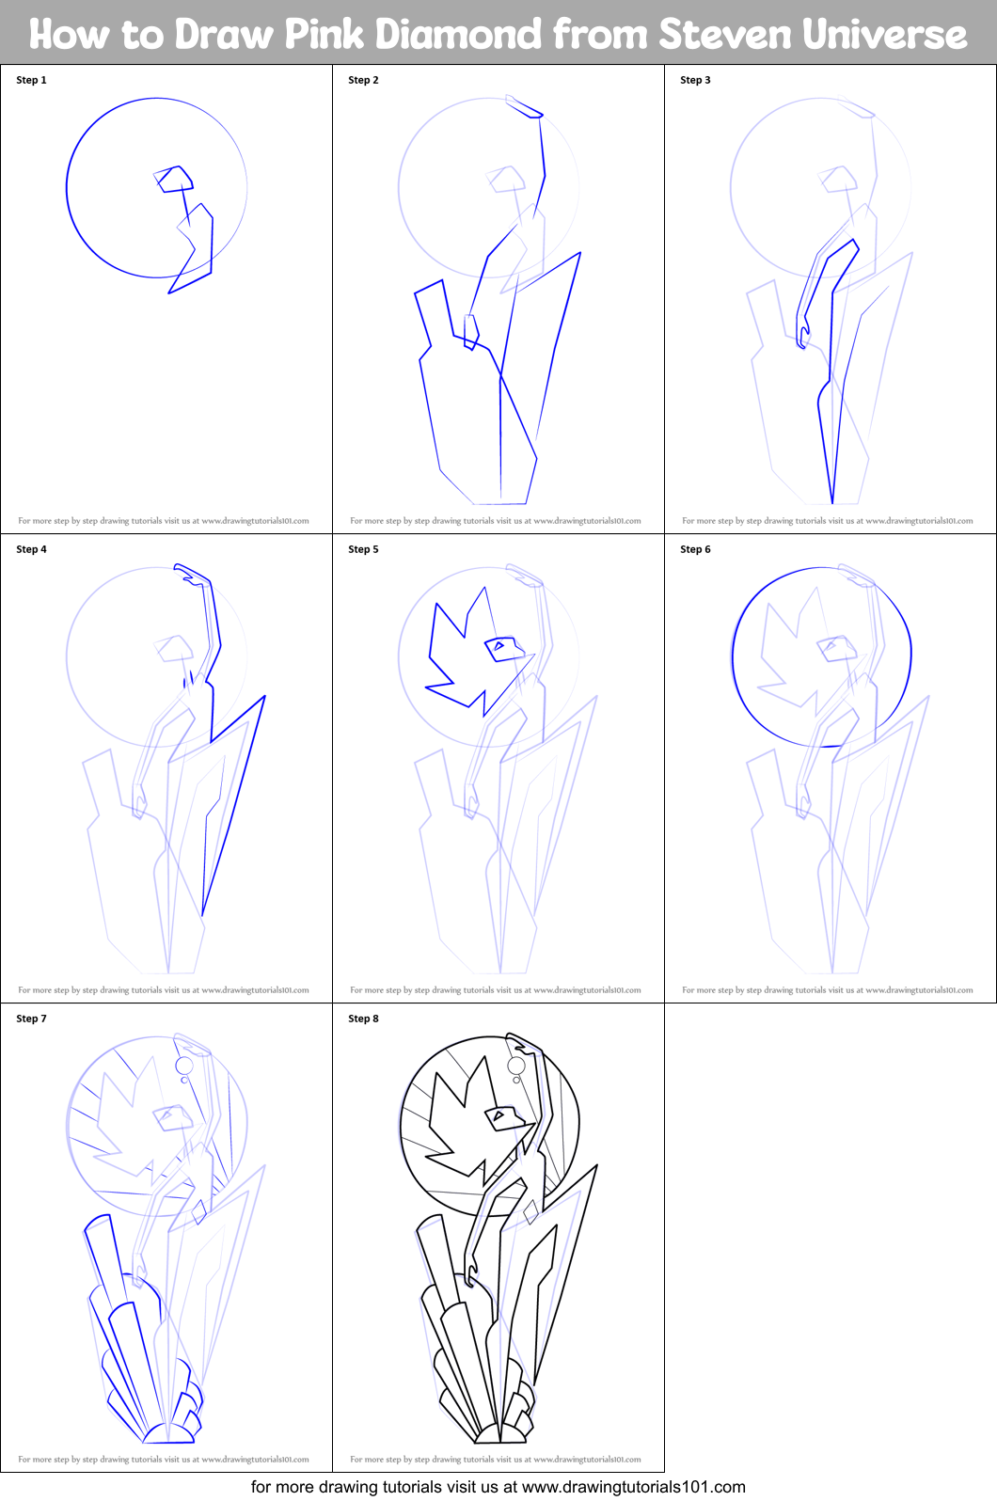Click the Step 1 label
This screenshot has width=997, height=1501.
tap(31, 80)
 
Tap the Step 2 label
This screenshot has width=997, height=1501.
tap(363, 80)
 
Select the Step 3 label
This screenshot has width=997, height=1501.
tap(695, 80)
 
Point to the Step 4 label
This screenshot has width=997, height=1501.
tap(31, 549)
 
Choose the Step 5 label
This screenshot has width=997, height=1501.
tap(363, 549)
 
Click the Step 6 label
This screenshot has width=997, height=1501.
tap(695, 549)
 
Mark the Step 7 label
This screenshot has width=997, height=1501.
tap(31, 1019)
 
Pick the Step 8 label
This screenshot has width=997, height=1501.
tap(363, 1019)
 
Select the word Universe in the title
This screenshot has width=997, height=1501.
tap(884, 35)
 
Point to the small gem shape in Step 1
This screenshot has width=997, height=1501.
tap(175, 179)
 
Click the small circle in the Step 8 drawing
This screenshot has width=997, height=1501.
tap(516, 1066)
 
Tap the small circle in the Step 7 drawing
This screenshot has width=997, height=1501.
tap(184, 1066)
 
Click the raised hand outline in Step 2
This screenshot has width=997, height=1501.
tap(525, 107)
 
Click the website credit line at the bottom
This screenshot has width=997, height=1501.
tap(498, 1487)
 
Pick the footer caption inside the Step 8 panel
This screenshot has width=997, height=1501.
tap(495, 1460)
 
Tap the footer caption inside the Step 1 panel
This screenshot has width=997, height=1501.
tap(164, 521)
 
